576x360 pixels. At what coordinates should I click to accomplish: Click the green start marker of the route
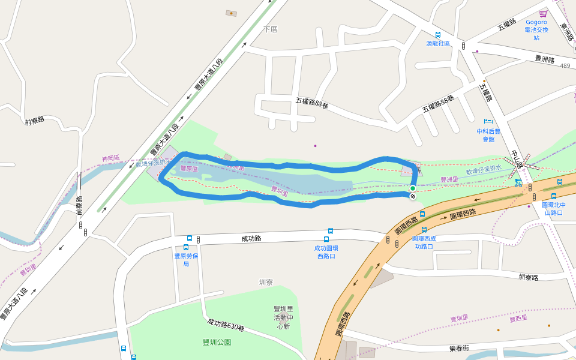click(413, 189)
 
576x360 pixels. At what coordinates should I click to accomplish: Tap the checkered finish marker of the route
click(413, 196)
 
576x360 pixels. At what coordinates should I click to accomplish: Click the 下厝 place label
click(271, 29)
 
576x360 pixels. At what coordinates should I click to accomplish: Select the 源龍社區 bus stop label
click(438, 43)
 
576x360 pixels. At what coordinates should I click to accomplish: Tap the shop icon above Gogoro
click(543, 13)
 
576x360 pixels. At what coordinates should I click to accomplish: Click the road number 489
click(565, 66)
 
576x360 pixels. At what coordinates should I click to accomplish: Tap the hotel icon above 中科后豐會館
click(488, 121)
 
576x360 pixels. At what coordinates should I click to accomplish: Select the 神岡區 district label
click(110, 159)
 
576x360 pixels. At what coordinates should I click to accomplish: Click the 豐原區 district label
click(190, 169)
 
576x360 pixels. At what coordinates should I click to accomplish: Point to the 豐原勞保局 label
click(186, 259)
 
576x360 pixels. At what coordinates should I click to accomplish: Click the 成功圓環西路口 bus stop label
click(326, 251)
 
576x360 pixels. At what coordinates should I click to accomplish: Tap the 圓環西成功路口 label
click(424, 242)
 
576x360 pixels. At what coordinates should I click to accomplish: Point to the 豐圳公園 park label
click(217, 342)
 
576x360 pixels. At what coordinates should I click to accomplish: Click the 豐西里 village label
click(517, 317)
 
